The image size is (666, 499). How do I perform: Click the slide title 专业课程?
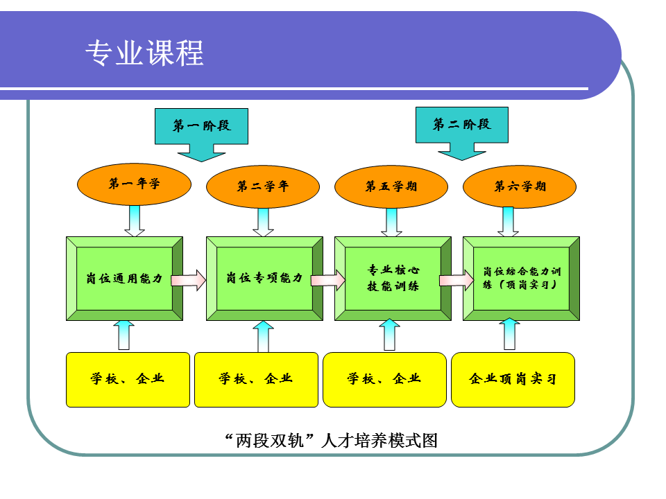point(144,53)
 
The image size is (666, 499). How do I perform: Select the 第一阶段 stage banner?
point(201,127)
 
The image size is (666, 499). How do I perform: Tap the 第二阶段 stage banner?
point(461,125)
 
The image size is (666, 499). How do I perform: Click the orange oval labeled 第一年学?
point(135,184)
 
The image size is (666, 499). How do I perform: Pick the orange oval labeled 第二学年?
point(263,186)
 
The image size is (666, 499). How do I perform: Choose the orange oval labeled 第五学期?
point(391,186)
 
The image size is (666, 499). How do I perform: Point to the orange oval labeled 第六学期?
point(520,186)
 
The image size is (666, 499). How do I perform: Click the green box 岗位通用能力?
point(125,279)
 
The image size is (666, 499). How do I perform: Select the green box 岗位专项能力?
point(264,279)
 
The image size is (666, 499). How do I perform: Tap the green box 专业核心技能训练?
point(393,279)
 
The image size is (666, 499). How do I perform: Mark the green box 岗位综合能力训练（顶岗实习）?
point(521,279)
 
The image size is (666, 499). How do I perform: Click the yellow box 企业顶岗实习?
point(513,379)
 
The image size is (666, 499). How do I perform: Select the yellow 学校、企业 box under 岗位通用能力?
point(128,379)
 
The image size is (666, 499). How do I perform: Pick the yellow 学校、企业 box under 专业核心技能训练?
point(384,379)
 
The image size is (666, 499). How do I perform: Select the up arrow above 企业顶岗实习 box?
point(510,334)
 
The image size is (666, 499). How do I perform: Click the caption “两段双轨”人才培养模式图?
point(332,440)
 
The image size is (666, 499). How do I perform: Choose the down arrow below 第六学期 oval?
point(510,222)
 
